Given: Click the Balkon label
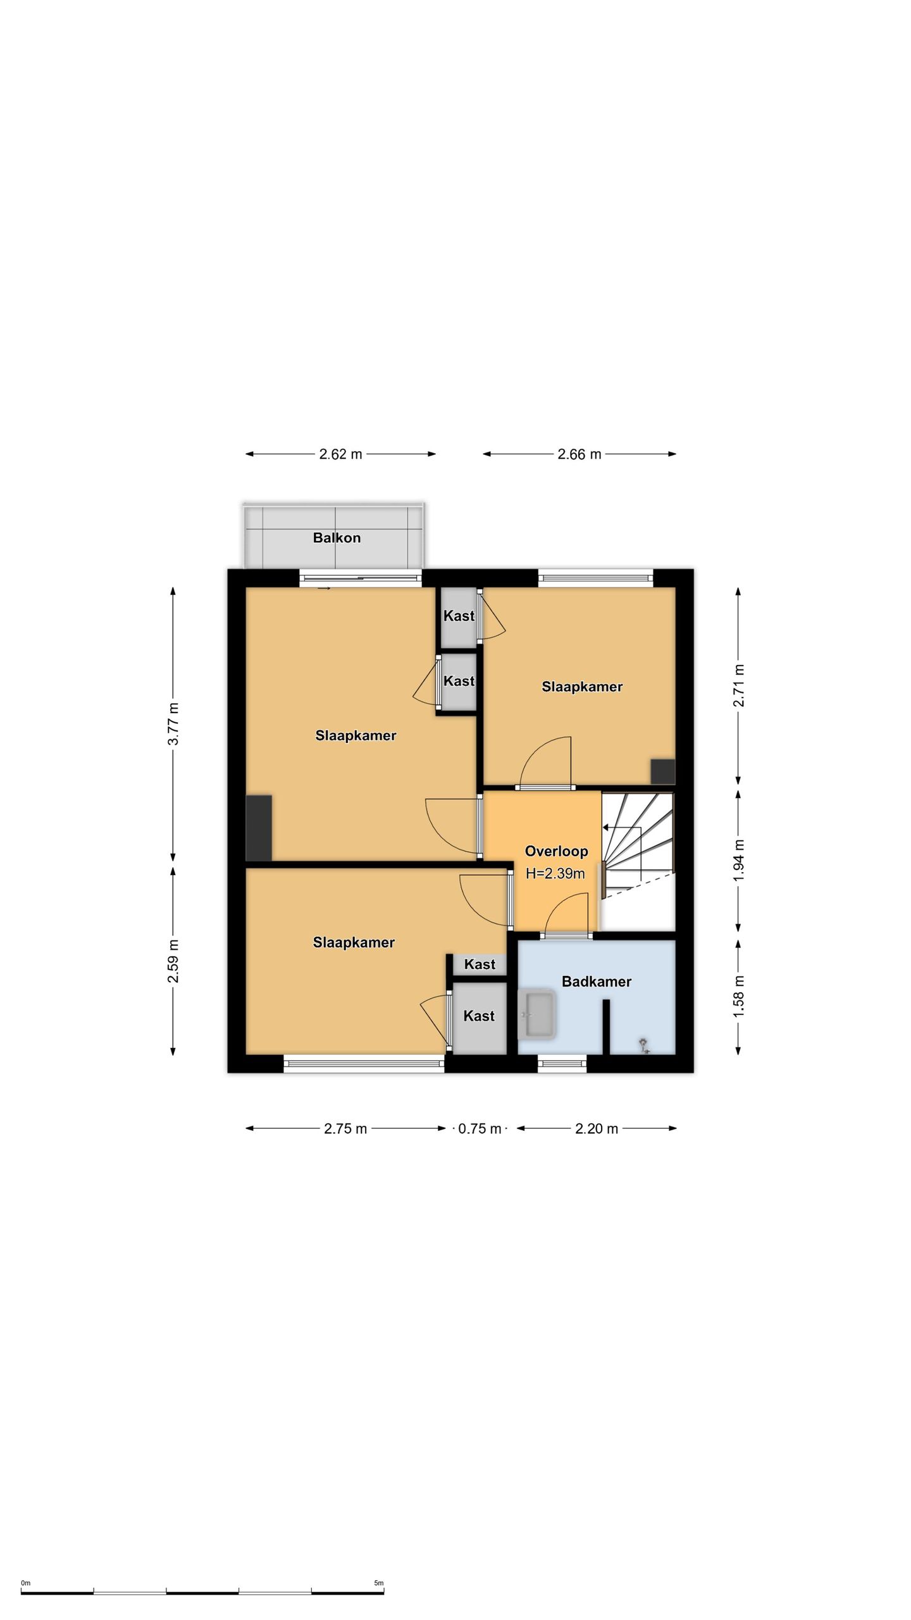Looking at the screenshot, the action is [x=337, y=538].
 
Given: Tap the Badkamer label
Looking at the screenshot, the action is [x=597, y=981].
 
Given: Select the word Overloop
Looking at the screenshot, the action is [x=557, y=851].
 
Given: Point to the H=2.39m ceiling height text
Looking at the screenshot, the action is [x=555, y=874].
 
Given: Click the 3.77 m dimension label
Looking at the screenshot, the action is [x=173, y=724].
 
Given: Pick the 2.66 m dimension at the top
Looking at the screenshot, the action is [x=579, y=454].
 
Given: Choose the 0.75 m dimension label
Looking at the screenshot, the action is [x=480, y=1129].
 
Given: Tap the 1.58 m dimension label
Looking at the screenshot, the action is [x=738, y=995].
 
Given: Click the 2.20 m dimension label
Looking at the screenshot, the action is [x=597, y=1129].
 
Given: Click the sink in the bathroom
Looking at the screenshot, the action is [x=537, y=1015].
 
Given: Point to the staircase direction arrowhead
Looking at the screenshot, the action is [x=605, y=827].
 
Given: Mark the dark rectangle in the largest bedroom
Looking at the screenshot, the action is [x=259, y=828].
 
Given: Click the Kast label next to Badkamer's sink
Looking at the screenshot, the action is [x=479, y=1016].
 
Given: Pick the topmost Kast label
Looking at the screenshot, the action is [x=459, y=616].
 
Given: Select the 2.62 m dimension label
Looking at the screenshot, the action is [x=340, y=454].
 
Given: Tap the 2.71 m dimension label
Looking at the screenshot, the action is [x=738, y=686].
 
